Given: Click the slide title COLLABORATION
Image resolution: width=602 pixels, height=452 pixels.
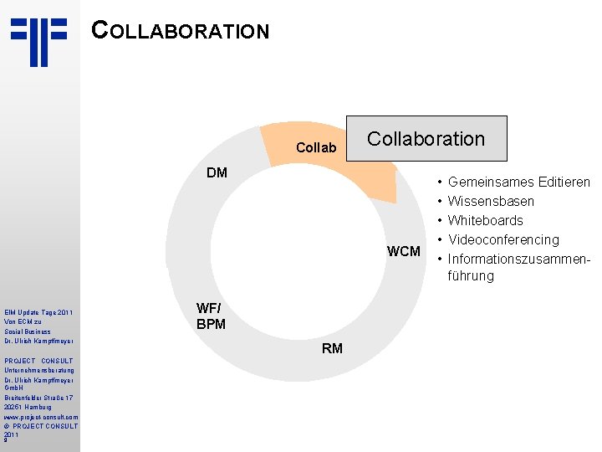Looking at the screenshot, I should tap(181, 31).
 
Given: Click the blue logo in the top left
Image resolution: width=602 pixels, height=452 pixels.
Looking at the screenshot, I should tap(38, 41).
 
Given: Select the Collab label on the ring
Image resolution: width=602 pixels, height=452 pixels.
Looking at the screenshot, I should tap(316, 148).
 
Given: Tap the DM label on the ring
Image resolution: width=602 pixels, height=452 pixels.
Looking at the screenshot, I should tap(217, 173).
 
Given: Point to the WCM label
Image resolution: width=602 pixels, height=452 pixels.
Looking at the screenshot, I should tap(404, 251).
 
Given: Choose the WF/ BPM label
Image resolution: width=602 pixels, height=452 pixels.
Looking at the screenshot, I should tap(211, 316).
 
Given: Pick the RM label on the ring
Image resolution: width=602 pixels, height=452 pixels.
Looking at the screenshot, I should tap(332, 348).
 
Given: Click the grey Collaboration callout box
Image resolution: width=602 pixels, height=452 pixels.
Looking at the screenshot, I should tap(426, 139).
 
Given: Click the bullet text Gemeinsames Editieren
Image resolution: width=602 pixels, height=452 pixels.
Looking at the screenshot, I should tap(518, 182).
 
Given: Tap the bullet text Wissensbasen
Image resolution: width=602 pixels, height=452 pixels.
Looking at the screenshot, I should tap(491, 201).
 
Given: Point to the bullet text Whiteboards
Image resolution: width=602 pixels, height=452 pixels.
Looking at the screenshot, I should tap(485, 220).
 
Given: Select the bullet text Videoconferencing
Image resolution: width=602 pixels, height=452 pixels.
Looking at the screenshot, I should tap(503, 239).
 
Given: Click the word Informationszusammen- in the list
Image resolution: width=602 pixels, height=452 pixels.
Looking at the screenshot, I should tap(519, 258).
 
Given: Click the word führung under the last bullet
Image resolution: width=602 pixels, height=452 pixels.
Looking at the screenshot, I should tap(471, 276).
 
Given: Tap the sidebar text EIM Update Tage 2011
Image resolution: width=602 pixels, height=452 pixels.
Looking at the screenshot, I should tap(38, 312).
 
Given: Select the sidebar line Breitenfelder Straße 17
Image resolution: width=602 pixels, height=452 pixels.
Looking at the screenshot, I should tap(38, 397).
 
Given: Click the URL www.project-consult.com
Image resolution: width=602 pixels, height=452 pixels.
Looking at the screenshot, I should tap(40, 416).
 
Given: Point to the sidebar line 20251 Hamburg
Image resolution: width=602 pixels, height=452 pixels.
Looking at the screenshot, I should tap(28, 407).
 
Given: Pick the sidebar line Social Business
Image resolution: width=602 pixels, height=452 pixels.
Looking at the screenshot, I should tap(27, 331).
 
